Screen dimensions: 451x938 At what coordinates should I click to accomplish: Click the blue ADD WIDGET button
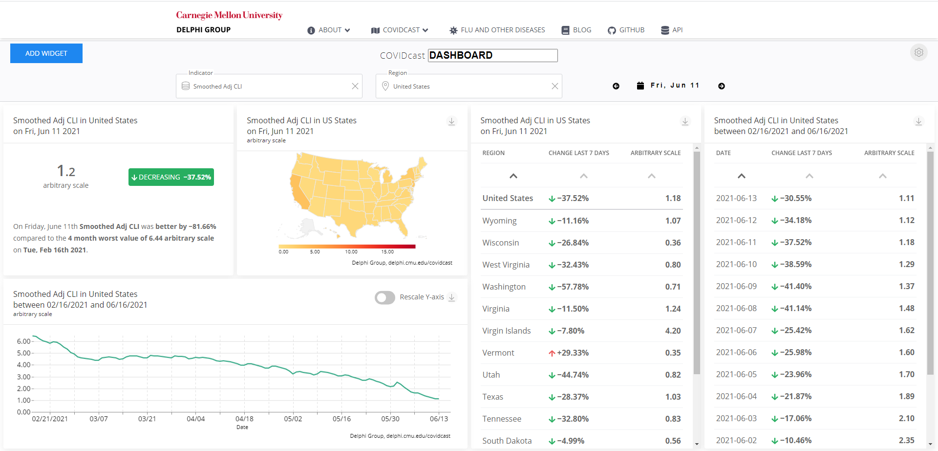point(46,53)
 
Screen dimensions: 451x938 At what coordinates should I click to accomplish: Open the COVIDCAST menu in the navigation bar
point(400,30)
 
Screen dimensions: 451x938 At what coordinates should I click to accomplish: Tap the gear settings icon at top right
point(918,52)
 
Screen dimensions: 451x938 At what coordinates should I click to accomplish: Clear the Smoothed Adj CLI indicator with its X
point(355,86)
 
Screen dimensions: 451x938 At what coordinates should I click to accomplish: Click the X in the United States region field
point(554,86)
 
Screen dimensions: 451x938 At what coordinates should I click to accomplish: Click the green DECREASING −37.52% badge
point(171,177)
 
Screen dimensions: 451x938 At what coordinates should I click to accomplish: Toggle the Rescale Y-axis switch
point(385,297)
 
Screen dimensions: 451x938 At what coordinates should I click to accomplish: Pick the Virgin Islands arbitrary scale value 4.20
point(673,331)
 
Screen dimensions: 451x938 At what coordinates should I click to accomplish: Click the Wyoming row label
point(499,221)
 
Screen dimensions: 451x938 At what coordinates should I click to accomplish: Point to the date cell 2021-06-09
point(736,286)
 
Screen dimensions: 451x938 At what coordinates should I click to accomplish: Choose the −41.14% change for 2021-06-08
point(792,308)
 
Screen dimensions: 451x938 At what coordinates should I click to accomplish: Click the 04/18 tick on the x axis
point(244,419)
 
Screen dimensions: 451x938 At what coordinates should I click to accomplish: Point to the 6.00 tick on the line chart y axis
point(23,341)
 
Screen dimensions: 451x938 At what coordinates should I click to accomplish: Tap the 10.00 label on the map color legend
point(351,252)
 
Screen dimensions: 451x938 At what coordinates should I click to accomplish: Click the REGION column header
point(493,153)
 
